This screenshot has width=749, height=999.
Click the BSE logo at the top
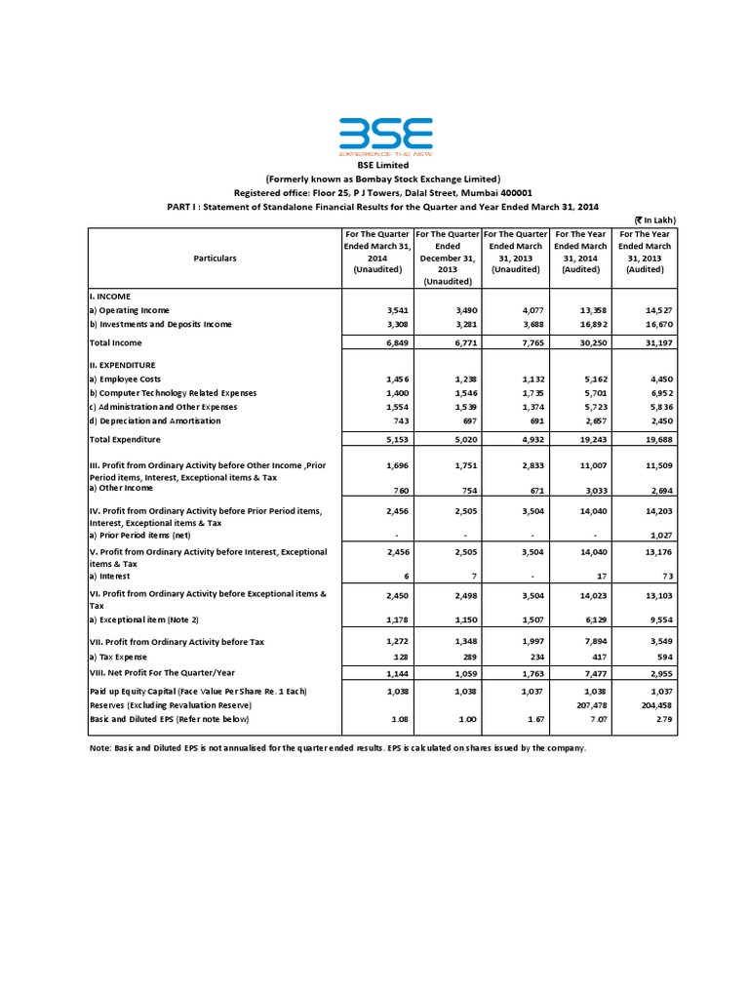click(x=386, y=138)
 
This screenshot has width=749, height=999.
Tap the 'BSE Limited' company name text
click(x=385, y=166)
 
